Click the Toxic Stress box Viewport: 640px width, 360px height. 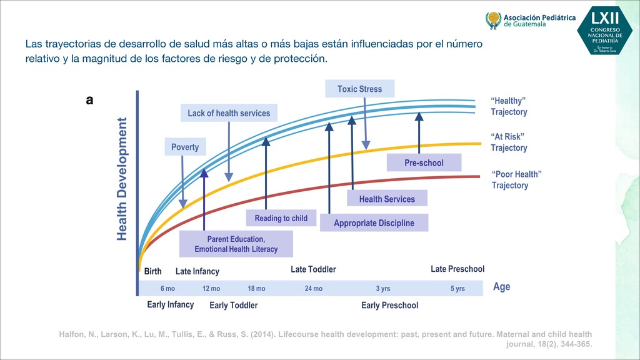(x=359, y=89)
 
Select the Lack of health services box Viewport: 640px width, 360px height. (x=229, y=113)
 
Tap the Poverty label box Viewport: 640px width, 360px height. (x=185, y=147)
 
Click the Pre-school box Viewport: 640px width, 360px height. (x=424, y=162)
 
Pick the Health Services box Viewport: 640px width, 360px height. (x=387, y=199)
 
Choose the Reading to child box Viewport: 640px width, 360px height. (x=281, y=218)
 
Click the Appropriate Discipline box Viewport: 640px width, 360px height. (x=374, y=223)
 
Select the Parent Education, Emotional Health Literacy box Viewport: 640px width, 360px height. (x=236, y=244)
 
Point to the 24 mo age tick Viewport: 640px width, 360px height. (x=314, y=289)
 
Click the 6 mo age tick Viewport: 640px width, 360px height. (x=167, y=289)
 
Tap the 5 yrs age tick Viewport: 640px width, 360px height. (x=457, y=289)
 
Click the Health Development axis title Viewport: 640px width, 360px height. (x=122, y=179)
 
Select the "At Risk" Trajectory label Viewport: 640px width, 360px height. (x=508, y=142)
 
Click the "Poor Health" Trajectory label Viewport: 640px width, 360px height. (x=516, y=179)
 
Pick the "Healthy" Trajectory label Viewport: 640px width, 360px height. (x=508, y=106)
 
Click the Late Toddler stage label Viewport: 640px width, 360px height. (x=313, y=269)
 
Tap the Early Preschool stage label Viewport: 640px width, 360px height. (x=389, y=306)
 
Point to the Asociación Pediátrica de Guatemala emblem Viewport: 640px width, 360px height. (x=493, y=20)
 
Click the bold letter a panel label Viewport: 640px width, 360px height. (x=90, y=99)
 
